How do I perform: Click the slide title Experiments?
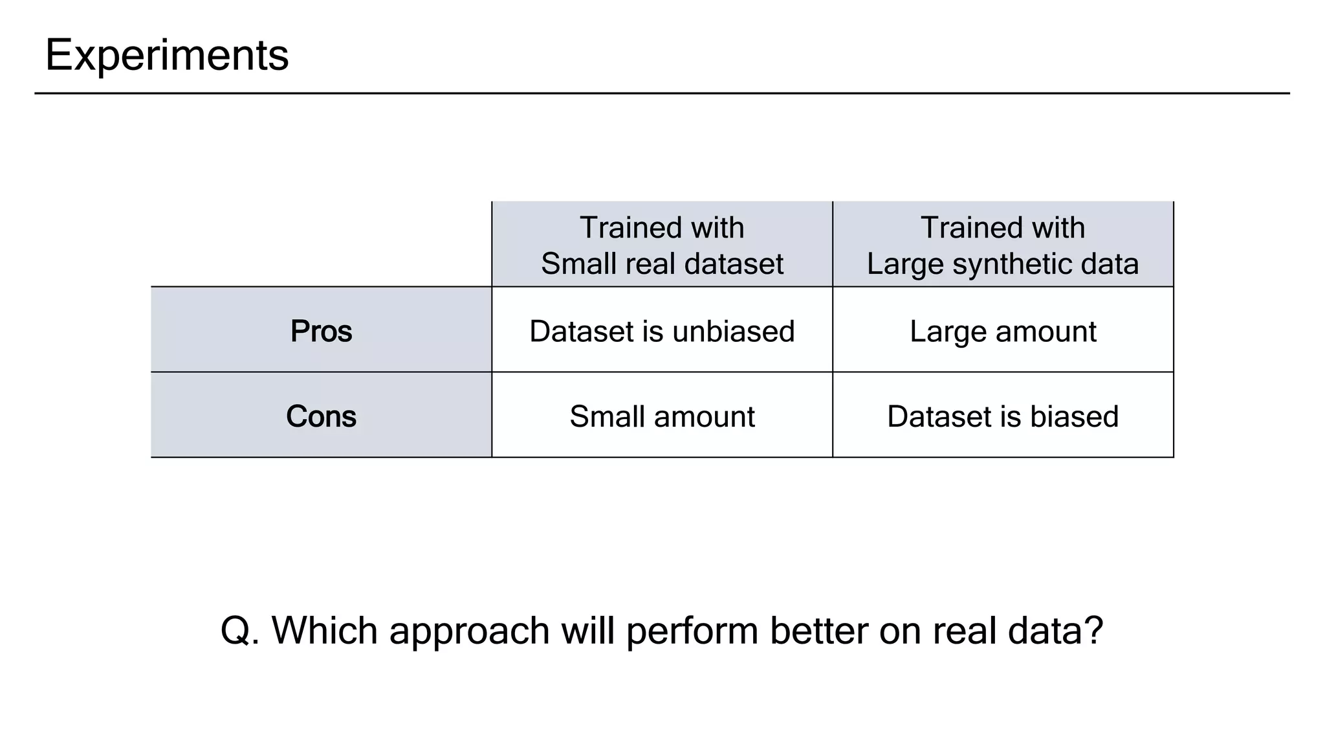[167, 55]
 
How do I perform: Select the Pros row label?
[321, 331]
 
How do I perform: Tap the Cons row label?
[321, 416]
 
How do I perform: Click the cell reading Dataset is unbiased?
[662, 331]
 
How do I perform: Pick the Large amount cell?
[1003, 331]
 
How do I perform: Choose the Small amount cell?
[662, 416]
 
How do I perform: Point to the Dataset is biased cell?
[1003, 416]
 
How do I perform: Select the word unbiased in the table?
[733, 331]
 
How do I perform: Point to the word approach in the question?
[469, 631]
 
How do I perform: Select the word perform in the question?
[692, 631]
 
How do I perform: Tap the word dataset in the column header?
[734, 264]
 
